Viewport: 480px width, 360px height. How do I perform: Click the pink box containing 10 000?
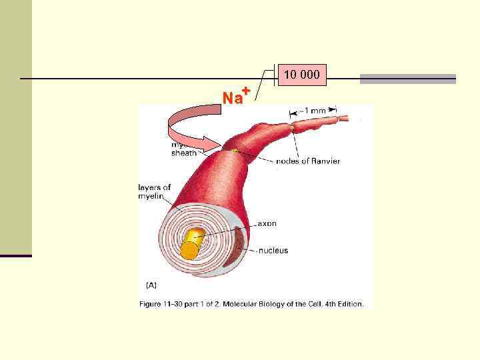pyautogui.click(x=302, y=75)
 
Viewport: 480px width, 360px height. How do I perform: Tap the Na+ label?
pyautogui.click(x=235, y=97)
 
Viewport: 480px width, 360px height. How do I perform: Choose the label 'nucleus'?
pyautogui.click(x=273, y=251)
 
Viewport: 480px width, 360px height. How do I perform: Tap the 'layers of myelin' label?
pyautogui.click(x=155, y=191)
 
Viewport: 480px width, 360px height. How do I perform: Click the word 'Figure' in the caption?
pyautogui.click(x=152, y=304)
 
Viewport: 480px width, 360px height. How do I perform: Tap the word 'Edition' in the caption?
pyautogui.click(x=349, y=304)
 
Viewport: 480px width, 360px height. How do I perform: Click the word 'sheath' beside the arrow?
pyautogui.click(x=184, y=153)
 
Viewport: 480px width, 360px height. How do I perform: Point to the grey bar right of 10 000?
pyautogui.click(x=407, y=79)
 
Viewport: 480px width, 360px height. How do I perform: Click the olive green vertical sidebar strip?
pyautogui.click(x=15, y=127)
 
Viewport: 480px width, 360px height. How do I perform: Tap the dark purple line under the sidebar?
pyautogui.click(x=15, y=255)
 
